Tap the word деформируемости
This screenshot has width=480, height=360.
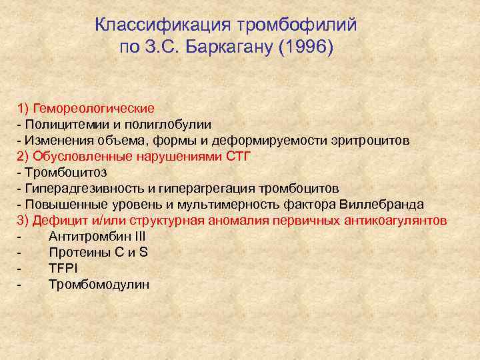click(267, 140)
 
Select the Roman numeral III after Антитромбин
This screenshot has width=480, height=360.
click(139, 237)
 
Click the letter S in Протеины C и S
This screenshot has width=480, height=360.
click(143, 253)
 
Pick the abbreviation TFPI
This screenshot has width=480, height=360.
click(63, 269)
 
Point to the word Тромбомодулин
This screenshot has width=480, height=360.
click(99, 285)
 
